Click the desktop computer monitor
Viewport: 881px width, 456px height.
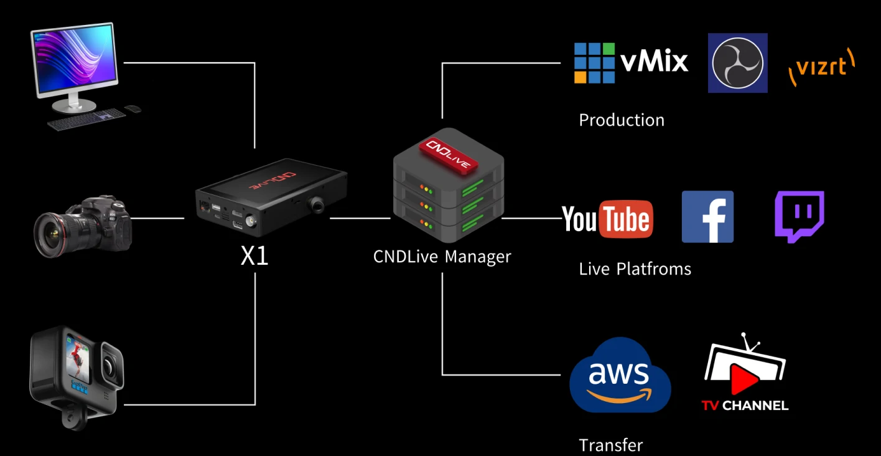(73, 59)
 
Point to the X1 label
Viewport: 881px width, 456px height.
(254, 256)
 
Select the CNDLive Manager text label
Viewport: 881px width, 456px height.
(442, 256)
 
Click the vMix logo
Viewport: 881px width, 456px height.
(630, 62)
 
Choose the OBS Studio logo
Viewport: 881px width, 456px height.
(737, 63)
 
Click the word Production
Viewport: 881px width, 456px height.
(622, 120)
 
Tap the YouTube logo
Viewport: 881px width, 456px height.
(607, 219)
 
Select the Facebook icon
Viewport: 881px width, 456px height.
(707, 217)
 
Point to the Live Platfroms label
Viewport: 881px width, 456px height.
(635, 269)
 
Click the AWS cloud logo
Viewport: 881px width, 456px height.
(620, 376)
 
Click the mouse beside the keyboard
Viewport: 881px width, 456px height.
(133, 109)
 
